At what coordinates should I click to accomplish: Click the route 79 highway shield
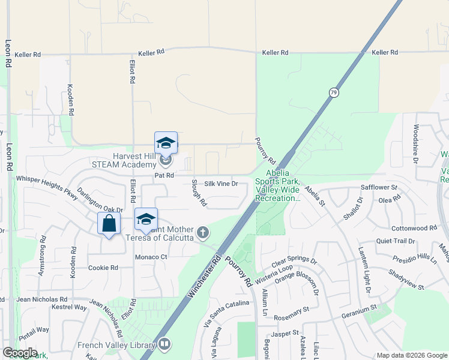(x=333, y=92)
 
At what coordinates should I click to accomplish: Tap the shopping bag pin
(x=109, y=224)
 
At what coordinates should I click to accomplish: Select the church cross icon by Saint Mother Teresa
(x=203, y=232)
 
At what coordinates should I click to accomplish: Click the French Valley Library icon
(x=164, y=344)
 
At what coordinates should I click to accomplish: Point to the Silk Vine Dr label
(x=221, y=184)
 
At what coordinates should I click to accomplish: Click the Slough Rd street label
(x=199, y=193)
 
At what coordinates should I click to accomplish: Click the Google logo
(x=20, y=353)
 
